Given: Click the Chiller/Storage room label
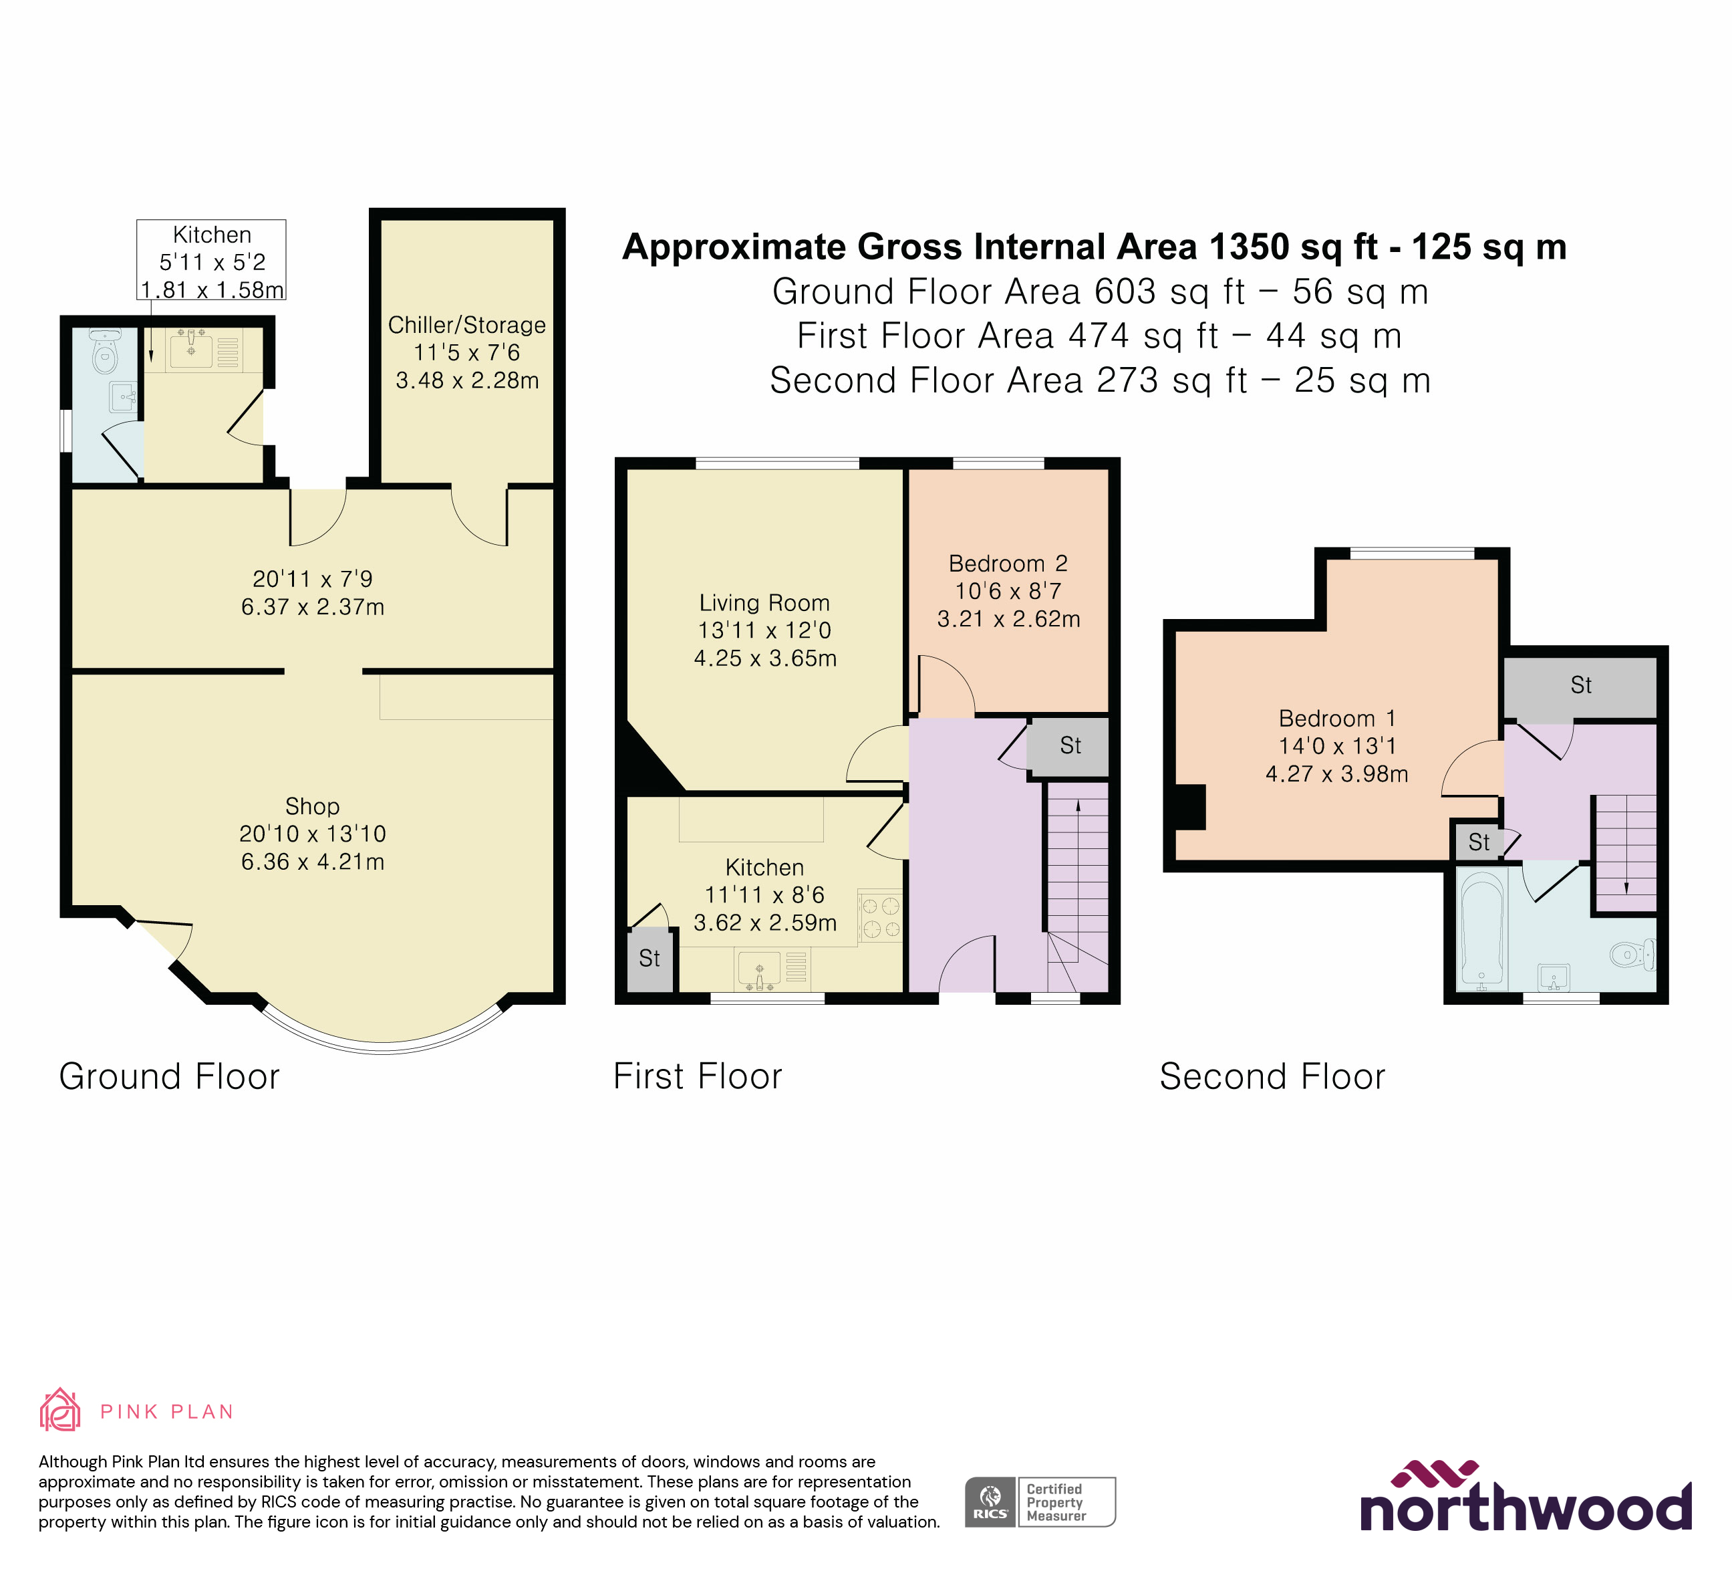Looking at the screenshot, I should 466,326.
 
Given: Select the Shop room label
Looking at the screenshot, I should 312,806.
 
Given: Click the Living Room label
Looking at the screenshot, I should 764,602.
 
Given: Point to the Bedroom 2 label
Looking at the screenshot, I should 1008,564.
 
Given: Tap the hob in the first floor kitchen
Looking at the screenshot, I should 880,916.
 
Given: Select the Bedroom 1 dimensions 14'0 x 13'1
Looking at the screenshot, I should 1337,746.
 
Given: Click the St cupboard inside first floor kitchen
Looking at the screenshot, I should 649,958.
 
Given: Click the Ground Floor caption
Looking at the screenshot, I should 169,1077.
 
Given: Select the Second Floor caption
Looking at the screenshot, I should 1272,1077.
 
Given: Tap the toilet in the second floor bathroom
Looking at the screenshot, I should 1630,955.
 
